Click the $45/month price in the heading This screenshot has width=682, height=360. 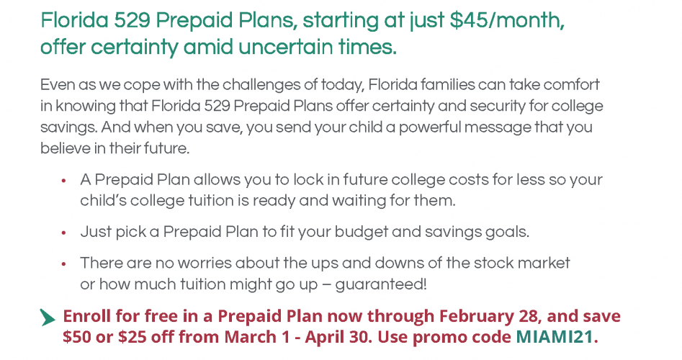point(507,20)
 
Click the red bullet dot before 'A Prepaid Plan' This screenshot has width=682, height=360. point(63,181)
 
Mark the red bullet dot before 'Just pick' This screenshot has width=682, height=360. point(63,233)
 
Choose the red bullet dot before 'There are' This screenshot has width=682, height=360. point(63,264)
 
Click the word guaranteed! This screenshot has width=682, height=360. point(381,285)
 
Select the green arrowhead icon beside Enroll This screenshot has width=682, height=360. point(48,318)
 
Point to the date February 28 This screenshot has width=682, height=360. point(490,317)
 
